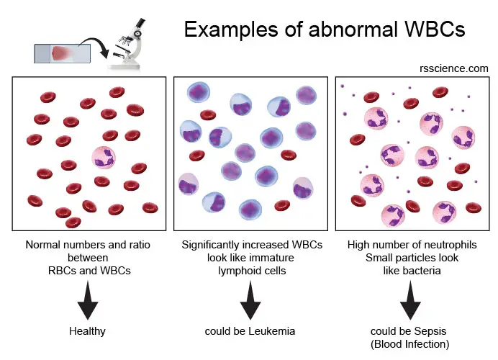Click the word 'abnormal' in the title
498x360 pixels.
353,30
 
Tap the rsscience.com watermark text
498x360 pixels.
454,68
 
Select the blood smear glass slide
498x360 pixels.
62,53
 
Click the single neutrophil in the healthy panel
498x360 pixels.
104,158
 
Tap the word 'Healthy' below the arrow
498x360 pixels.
87,331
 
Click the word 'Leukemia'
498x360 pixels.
271,331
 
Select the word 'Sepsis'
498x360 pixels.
430,331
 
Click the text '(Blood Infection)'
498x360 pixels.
409,344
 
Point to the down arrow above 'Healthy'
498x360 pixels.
88,300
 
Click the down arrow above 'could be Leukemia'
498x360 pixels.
250,300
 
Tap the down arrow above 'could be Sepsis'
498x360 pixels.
410,300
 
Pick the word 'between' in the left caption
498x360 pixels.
88,258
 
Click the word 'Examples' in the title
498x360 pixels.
231,30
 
